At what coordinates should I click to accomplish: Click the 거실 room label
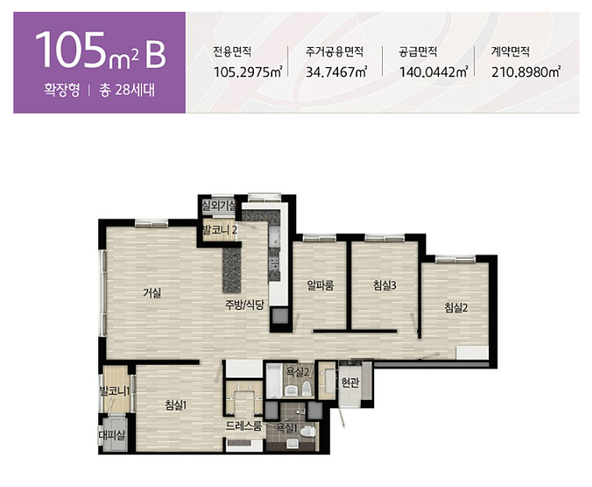pyautogui.click(x=153, y=292)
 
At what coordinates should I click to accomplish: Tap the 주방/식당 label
pyautogui.click(x=245, y=304)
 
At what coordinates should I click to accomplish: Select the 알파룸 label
pyautogui.click(x=320, y=285)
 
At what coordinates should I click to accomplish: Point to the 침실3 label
pyautogui.click(x=384, y=285)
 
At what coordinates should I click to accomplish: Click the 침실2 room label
pyautogui.click(x=456, y=308)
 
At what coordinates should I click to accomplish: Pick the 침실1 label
pyautogui.click(x=176, y=405)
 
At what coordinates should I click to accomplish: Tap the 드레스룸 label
pyautogui.click(x=244, y=426)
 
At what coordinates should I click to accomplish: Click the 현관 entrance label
pyautogui.click(x=350, y=382)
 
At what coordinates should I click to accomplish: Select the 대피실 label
pyautogui.click(x=112, y=435)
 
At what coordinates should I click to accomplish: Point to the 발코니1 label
pyautogui.click(x=115, y=391)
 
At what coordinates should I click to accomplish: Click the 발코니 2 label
pyautogui.click(x=219, y=229)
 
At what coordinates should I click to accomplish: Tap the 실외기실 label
pyautogui.click(x=219, y=206)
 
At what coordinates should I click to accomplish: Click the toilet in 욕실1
pyautogui.click(x=310, y=431)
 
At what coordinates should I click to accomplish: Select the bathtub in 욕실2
pyautogui.click(x=274, y=380)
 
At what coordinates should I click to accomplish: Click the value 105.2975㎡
pyautogui.click(x=248, y=72)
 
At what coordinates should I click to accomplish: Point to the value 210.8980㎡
pyautogui.click(x=525, y=72)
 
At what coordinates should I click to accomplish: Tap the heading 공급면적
pyautogui.click(x=418, y=51)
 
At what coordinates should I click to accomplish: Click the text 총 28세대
pyautogui.click(x=127, y=90)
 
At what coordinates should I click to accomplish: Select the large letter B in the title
pyautogui.click(x=155, y=54)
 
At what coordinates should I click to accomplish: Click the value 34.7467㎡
pyautogui.click(x=336, y=72)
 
